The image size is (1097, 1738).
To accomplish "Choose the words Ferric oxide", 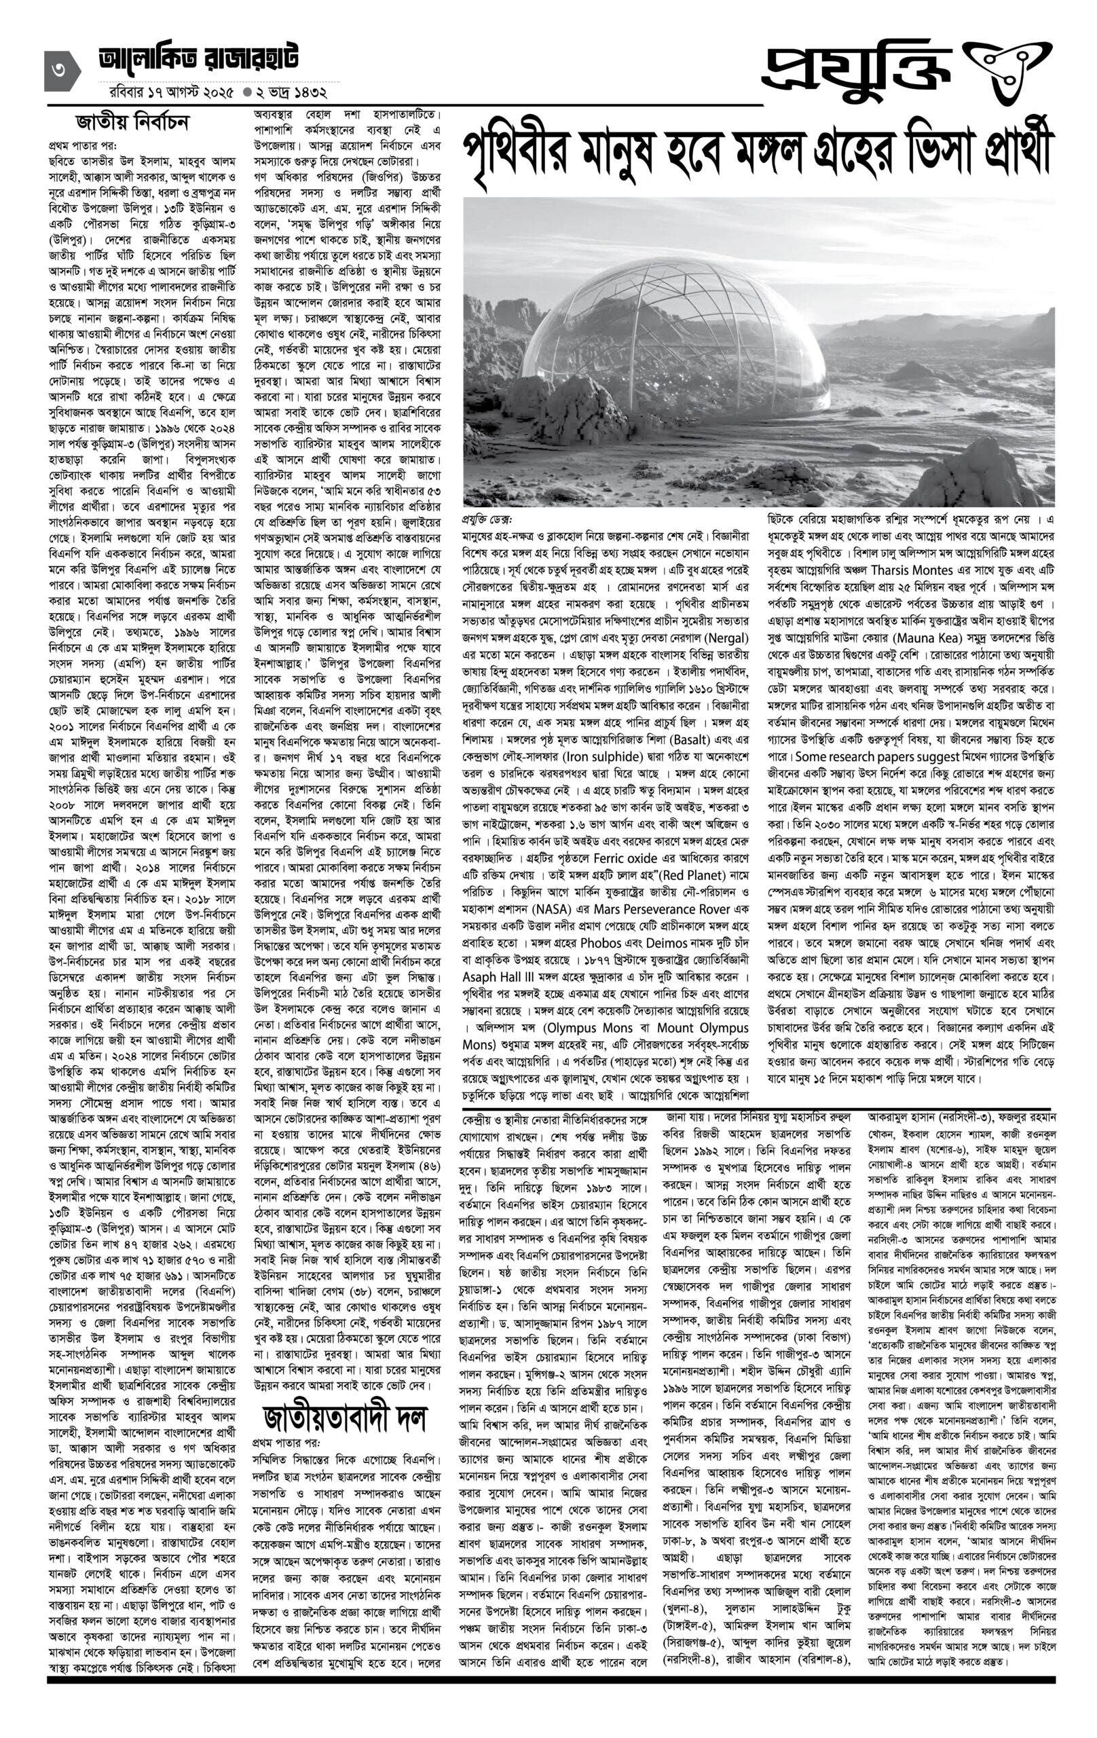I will click(625, 858).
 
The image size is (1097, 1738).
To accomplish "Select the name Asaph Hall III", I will click(498, 976).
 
